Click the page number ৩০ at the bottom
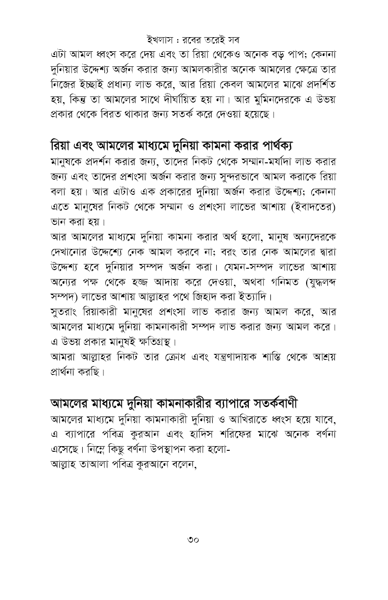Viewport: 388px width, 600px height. coord(193,539)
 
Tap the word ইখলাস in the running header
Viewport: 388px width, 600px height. coord(160,38)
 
